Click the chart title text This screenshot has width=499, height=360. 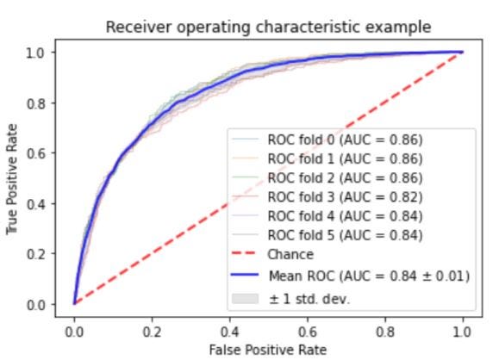(x=268, y=27)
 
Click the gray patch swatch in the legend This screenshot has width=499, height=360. (x=245, y=299)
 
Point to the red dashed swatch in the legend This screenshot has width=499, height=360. (x=245, y=253)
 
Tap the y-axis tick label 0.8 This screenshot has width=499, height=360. (x=35, y=103)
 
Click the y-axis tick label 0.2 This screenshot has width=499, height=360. (x=35, y=254)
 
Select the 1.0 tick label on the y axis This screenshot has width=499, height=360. (x=35, y=53)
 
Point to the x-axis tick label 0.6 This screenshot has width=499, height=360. (x=308, y=332)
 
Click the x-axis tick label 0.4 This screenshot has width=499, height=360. (x=230, y=332)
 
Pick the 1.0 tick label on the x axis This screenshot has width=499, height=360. (x=462, y=332)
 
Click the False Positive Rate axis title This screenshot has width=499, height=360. (x=268, y=350)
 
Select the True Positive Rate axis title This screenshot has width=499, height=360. (x=12, y=179)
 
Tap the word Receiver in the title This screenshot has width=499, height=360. (x=139, y=27)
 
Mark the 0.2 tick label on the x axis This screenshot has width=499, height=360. (x=153, y=332)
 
